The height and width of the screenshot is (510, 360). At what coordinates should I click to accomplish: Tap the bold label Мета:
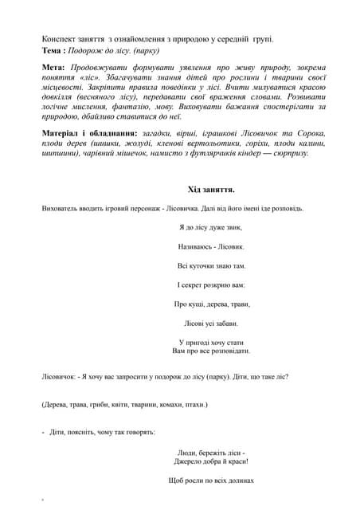pyautogui.click(x=54, y=69)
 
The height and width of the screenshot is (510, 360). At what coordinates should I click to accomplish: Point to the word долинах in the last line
pyautogui.click(x=239, y=481)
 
